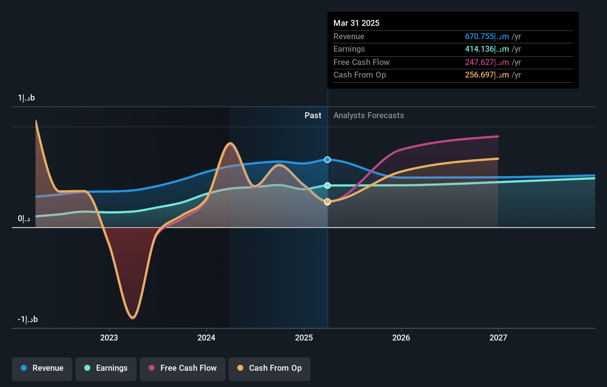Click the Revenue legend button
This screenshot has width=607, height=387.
(x=42, y=369)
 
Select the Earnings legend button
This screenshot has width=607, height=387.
(x=106, y=369)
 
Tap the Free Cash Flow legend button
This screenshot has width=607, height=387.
(x=183, y=369)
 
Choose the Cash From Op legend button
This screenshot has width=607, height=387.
(x=269, y=369)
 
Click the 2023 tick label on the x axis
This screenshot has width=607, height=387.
(x=109, y=338)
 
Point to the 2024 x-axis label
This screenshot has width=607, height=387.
(x=206, y=338)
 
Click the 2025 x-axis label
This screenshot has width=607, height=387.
(x=304, y=338)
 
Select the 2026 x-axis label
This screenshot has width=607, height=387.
(x=401, y=338)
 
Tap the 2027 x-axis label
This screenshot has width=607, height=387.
(x=498, y=338)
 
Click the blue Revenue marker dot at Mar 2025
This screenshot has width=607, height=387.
(x=328, y=160)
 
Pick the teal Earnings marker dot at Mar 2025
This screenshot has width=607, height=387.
(x=328, y=185)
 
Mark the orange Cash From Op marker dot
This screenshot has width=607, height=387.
(x=328, y=201)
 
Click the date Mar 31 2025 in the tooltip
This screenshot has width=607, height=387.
(x=356, y=23)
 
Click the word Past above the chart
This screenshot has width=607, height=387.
(x=313, y=116)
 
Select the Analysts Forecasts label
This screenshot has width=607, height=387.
(x=369, y=116)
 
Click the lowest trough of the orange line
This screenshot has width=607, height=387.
(x=133, y=317)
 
